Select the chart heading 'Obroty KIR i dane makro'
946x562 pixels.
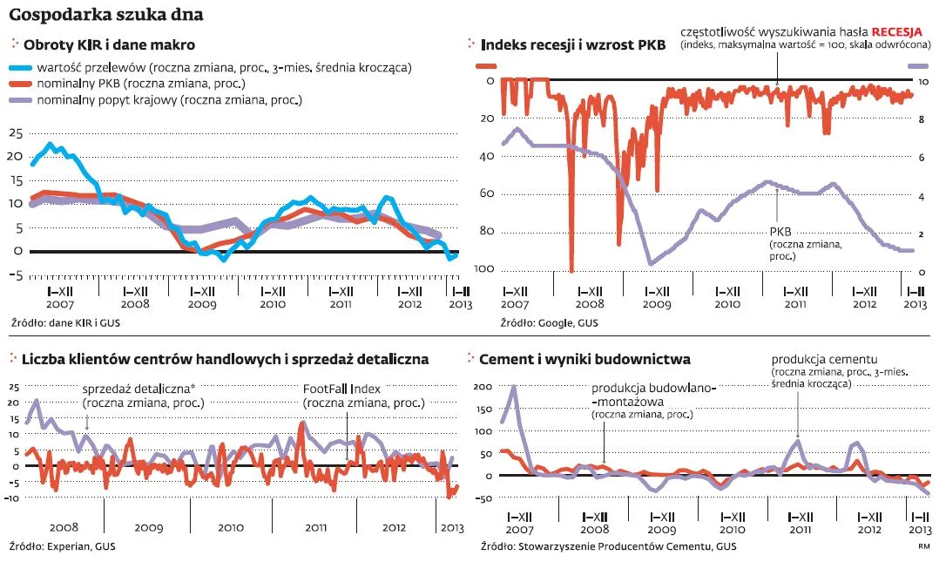(x=109, y=44)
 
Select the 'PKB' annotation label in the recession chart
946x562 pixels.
(x=780, y=232)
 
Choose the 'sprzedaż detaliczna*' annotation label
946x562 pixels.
(x=136, y=390)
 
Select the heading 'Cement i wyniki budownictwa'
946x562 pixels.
(x=586, y=358)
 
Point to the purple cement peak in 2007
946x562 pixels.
(x=513, y=388)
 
